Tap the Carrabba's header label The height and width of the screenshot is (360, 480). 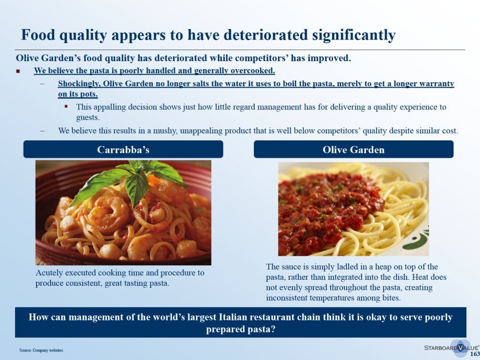(x=123, y=149)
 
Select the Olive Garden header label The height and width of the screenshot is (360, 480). (x=354, y=149)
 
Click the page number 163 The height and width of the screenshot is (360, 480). (x=475, y=354)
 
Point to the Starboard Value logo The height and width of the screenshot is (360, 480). (x=452, y=348)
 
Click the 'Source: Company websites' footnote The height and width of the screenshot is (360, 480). (x=41, y=350)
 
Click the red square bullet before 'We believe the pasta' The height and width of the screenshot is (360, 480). (x=18, y=71)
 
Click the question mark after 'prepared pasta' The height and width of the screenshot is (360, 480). (x=273, y=329)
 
